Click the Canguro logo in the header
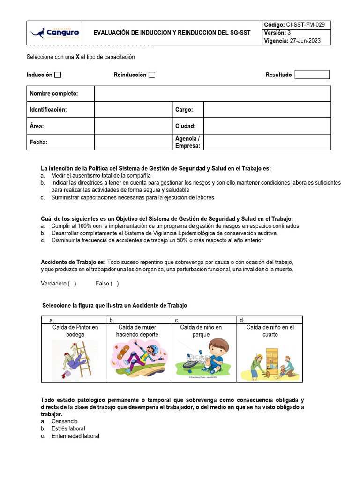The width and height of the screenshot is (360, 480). point(54,33)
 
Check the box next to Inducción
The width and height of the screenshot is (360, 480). point(58,75)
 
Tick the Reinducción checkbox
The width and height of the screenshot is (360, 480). point(152,75)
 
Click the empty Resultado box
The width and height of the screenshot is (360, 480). point(312,75)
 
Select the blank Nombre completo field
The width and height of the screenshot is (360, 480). point(212,94)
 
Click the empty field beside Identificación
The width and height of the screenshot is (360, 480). point(133,110)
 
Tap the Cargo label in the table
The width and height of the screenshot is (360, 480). point(184,110)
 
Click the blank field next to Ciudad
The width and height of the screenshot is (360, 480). point(267,126)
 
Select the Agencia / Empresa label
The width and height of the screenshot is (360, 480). point(187,142)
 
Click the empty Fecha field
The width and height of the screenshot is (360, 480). point(133,142)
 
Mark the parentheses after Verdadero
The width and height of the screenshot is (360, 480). point(72,284)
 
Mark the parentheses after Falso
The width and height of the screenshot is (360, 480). point(114,284)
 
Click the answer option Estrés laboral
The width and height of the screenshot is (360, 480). point(68,428)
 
